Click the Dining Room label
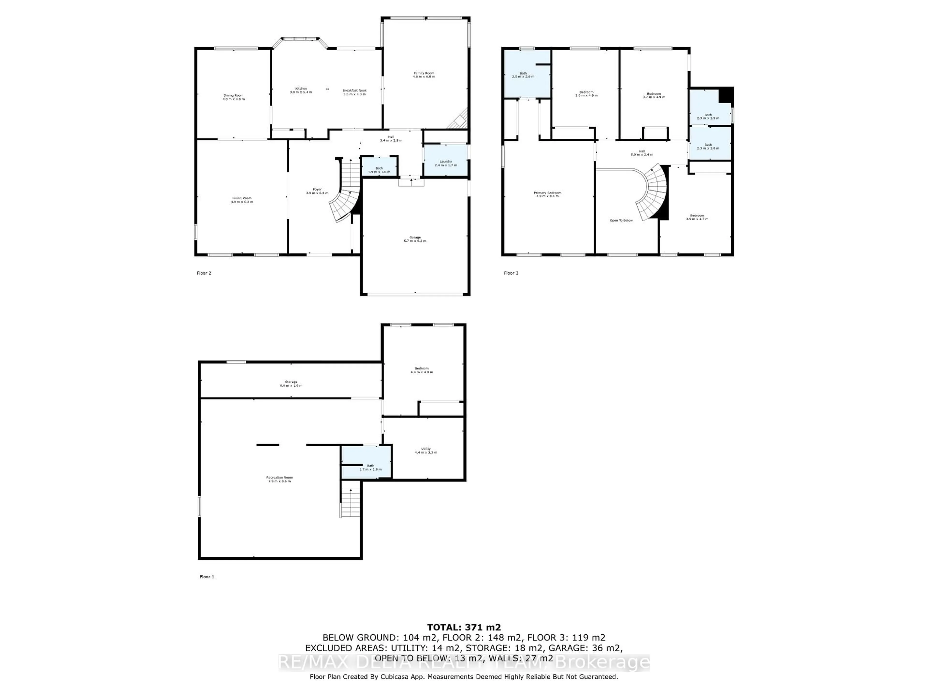tap(233, 97)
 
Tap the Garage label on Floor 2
tap(415, 239)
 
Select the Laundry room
tap(446, 163)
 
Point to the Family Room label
tap(424, 75)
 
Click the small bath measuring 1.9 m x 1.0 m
tap(379, 170)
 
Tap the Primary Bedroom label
tap(547, 194)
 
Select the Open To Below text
tap(621, 220)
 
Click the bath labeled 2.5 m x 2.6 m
tap(523, 75)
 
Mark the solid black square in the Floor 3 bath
tap(725, 95)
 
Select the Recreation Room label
tap(279, 479)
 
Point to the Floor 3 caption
tap(511, 273)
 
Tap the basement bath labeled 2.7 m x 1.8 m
tap(370, 467)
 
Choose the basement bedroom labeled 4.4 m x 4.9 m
tap(422, 370)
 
